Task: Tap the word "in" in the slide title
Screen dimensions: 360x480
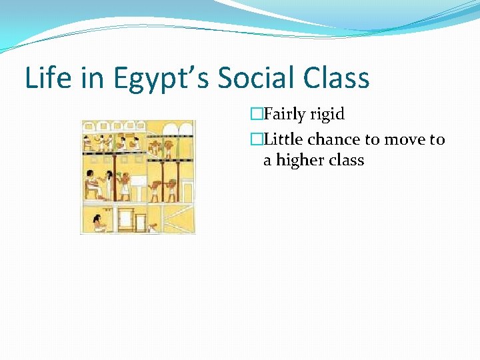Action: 86,78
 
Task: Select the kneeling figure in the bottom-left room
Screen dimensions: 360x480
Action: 99,222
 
